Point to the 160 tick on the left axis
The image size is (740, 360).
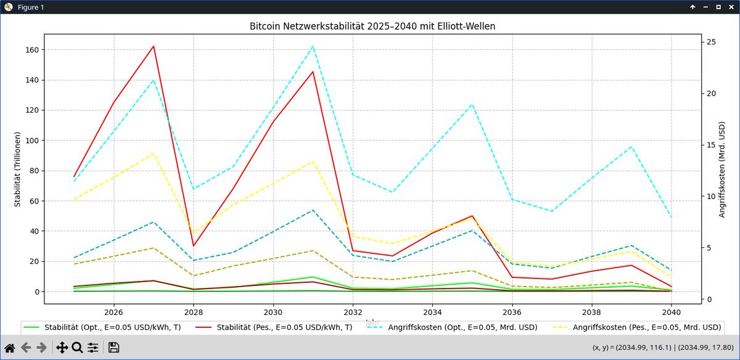(31, 50)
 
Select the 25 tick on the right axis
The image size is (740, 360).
(711, 42)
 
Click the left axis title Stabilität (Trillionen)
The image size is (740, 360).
(18, 169)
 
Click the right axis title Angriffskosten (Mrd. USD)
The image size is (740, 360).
(721, 169)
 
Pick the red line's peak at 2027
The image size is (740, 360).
(154, 46)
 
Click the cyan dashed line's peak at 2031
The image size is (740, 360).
(313, 46)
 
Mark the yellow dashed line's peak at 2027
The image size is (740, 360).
(154, 153)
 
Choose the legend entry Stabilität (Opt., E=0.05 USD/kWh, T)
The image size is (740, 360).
(102, 327)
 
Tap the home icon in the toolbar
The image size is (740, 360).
(10, 348)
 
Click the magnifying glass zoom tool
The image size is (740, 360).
(77, 348)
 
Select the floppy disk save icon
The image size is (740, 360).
(113, 348)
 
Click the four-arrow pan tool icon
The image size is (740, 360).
(62, 348)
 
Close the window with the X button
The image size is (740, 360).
(731, 7)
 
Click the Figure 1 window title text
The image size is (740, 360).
(30, 7)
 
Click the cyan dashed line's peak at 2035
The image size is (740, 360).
(472, 104)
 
